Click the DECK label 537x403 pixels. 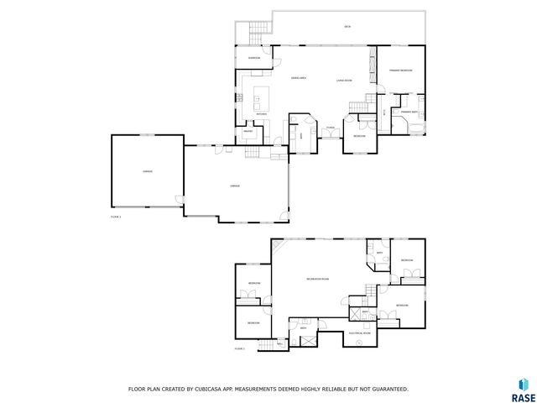point(347,28)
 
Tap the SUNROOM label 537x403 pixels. point(253,58)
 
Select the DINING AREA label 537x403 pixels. point(298,78)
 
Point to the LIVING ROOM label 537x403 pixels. point(344,81)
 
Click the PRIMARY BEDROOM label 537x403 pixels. point(400,70)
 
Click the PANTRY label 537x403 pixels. point(248,131)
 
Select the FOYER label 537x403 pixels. point(331,128)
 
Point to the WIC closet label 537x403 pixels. point(383,112)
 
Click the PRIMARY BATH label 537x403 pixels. point(409,111)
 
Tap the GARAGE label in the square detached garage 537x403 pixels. point(147,171)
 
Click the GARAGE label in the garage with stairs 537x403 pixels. point(235,186)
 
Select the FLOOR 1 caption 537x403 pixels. point(116,217)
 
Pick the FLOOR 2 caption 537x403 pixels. point(239,348)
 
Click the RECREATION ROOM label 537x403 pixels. point(317,278)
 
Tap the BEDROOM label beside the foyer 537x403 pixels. point(359,136)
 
